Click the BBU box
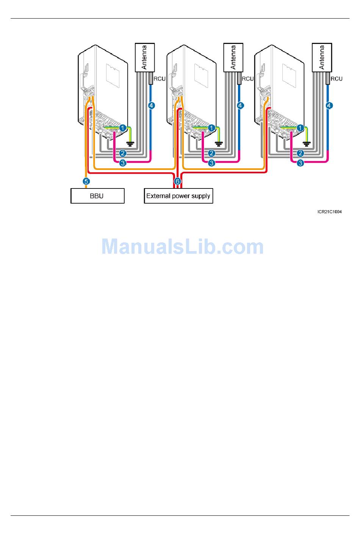[x=97, y=196]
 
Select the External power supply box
[x=178, y=196]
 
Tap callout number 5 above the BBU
[x=86, y=181]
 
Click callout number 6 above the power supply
[x=177, y=181]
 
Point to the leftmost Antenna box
[x=145, y=57]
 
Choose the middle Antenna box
[x=233, y=57]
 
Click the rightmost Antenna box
[x=322, y=57]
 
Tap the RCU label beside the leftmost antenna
[x=160, y=79]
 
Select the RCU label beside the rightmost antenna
[x=337, y=79]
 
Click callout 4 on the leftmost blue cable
[x=152, y=105]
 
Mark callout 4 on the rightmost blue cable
[x=329, y=105]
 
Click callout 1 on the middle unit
[x=211, y=128]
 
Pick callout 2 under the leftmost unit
[x=123, y=153]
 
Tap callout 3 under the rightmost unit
[x=301, y=163]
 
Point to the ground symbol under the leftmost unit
[x=130, y=144]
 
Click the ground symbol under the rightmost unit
[x=307, y=144]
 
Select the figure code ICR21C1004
[x=330, y=212]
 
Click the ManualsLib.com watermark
[x=183, y=247]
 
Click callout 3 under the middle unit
[x=211, y=163]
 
